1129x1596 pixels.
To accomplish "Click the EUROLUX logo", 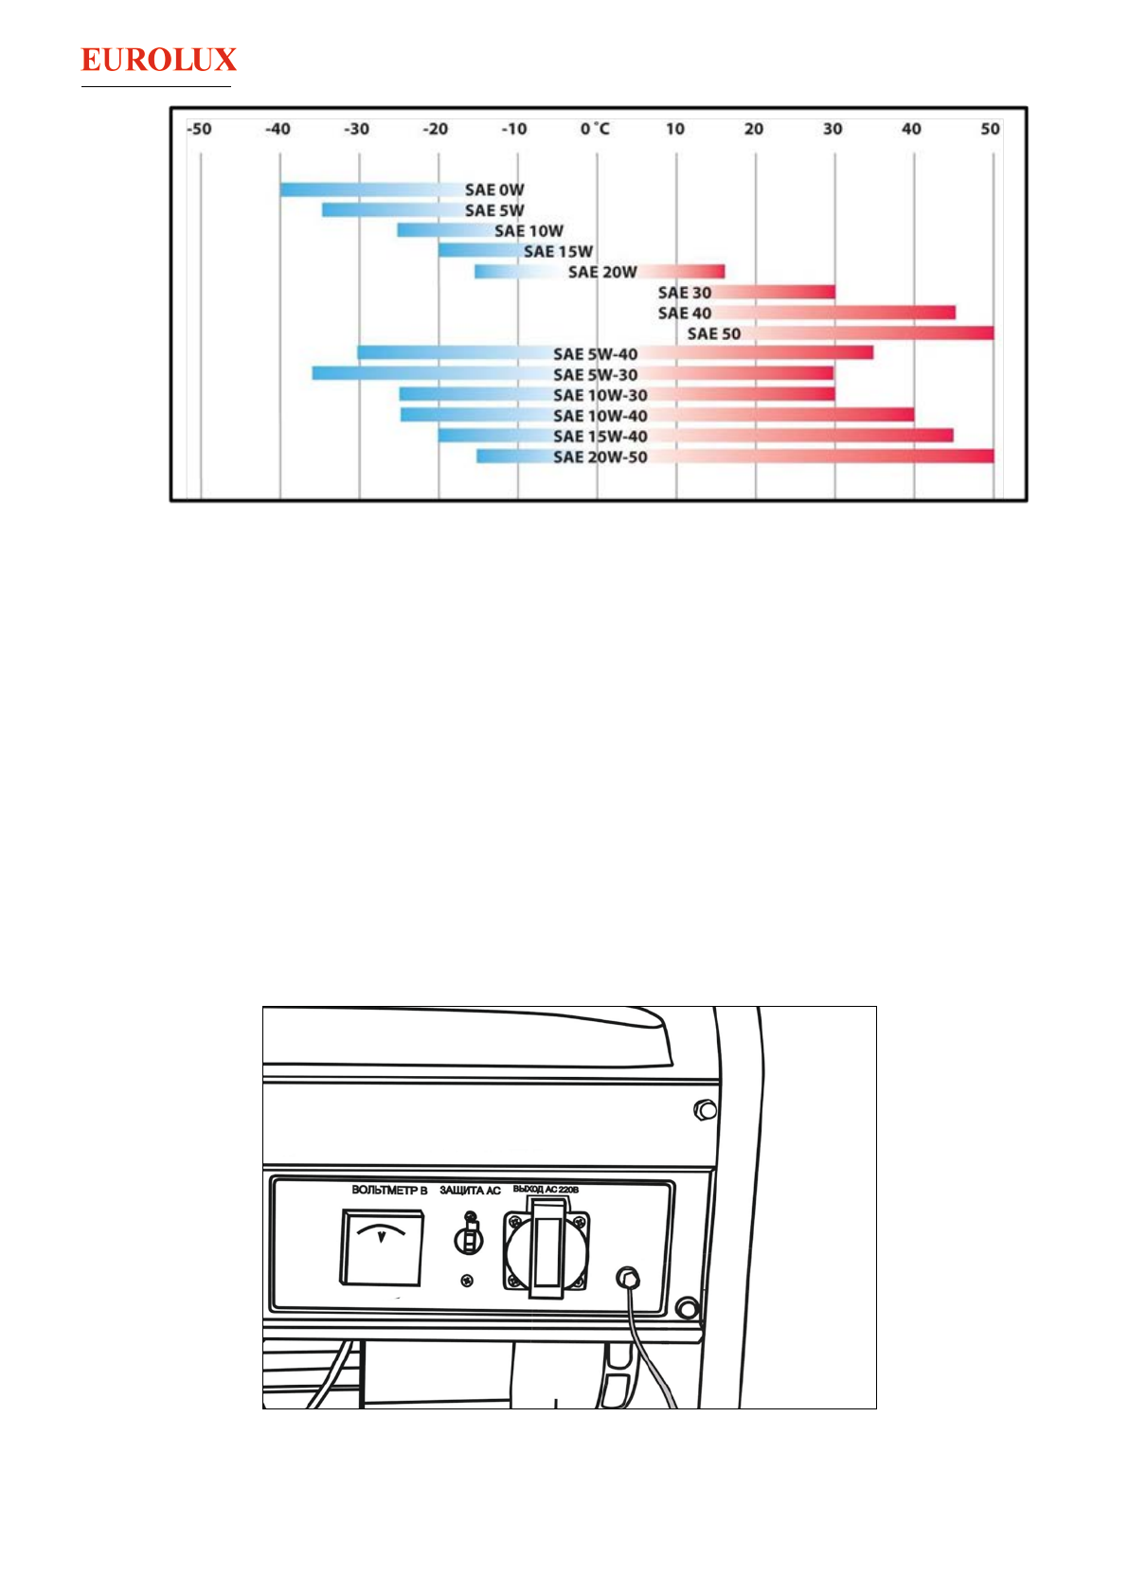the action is click(x=159, y=60).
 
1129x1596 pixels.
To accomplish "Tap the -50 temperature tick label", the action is click(x=199, y=129).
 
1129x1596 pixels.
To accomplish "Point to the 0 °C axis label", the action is click(x=595, y=129).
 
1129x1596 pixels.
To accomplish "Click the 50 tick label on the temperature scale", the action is click(x=990, y=129).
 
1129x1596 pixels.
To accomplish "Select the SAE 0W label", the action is click(x=494, y=190).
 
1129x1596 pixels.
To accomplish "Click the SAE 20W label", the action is click(x=602, y=272).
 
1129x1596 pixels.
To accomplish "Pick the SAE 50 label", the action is click(x=714, y=333).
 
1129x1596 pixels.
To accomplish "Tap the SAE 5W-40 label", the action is click(x=596, y=354).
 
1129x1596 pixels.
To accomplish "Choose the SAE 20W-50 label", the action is click(x=600, y=457).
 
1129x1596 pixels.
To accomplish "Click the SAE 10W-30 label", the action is click(x=600, y=395).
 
